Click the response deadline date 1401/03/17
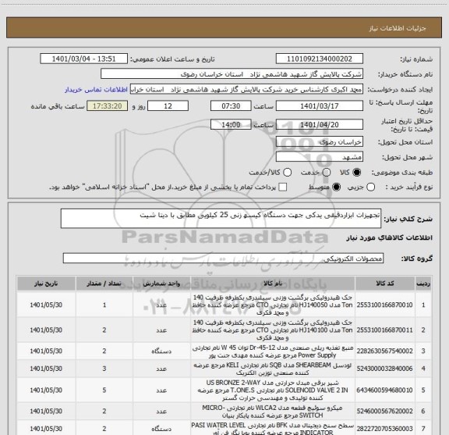pyautogui.click(x=320, y=106)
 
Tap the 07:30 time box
pyautogui.click(x=219, y=106)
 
